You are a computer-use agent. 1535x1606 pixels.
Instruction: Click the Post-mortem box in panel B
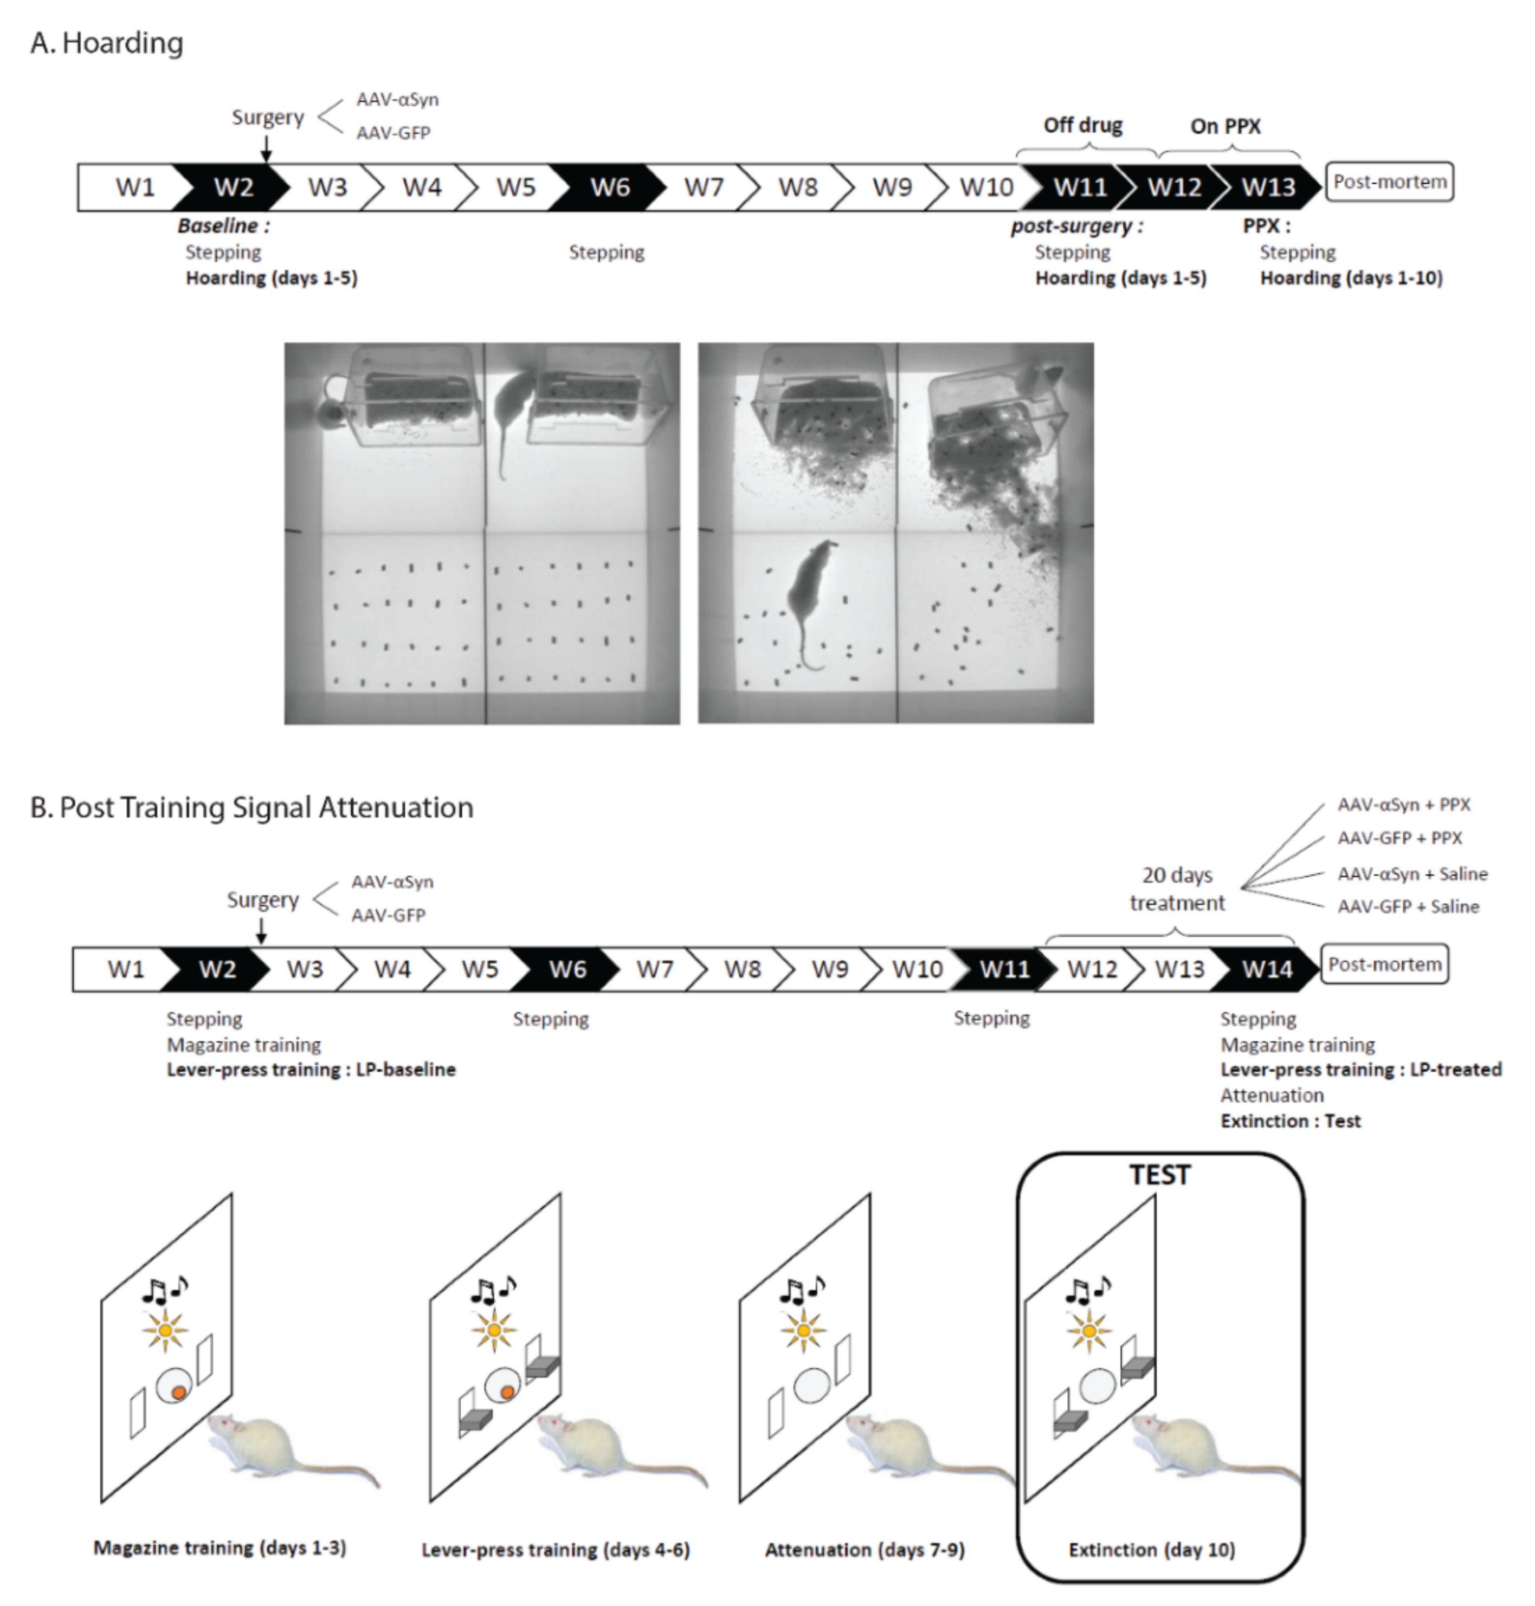(x=1384, y=964)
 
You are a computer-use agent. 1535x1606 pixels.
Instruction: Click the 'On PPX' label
(x=1225, y=126)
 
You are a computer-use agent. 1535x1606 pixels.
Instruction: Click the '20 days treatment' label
(x=1177, y=889)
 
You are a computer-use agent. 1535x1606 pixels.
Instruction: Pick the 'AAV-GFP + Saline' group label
(x=1408, y=906)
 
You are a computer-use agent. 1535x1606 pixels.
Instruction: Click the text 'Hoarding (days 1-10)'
(x=1351, y=278)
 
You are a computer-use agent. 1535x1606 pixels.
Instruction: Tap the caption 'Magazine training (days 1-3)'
(x=220, y=1548)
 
